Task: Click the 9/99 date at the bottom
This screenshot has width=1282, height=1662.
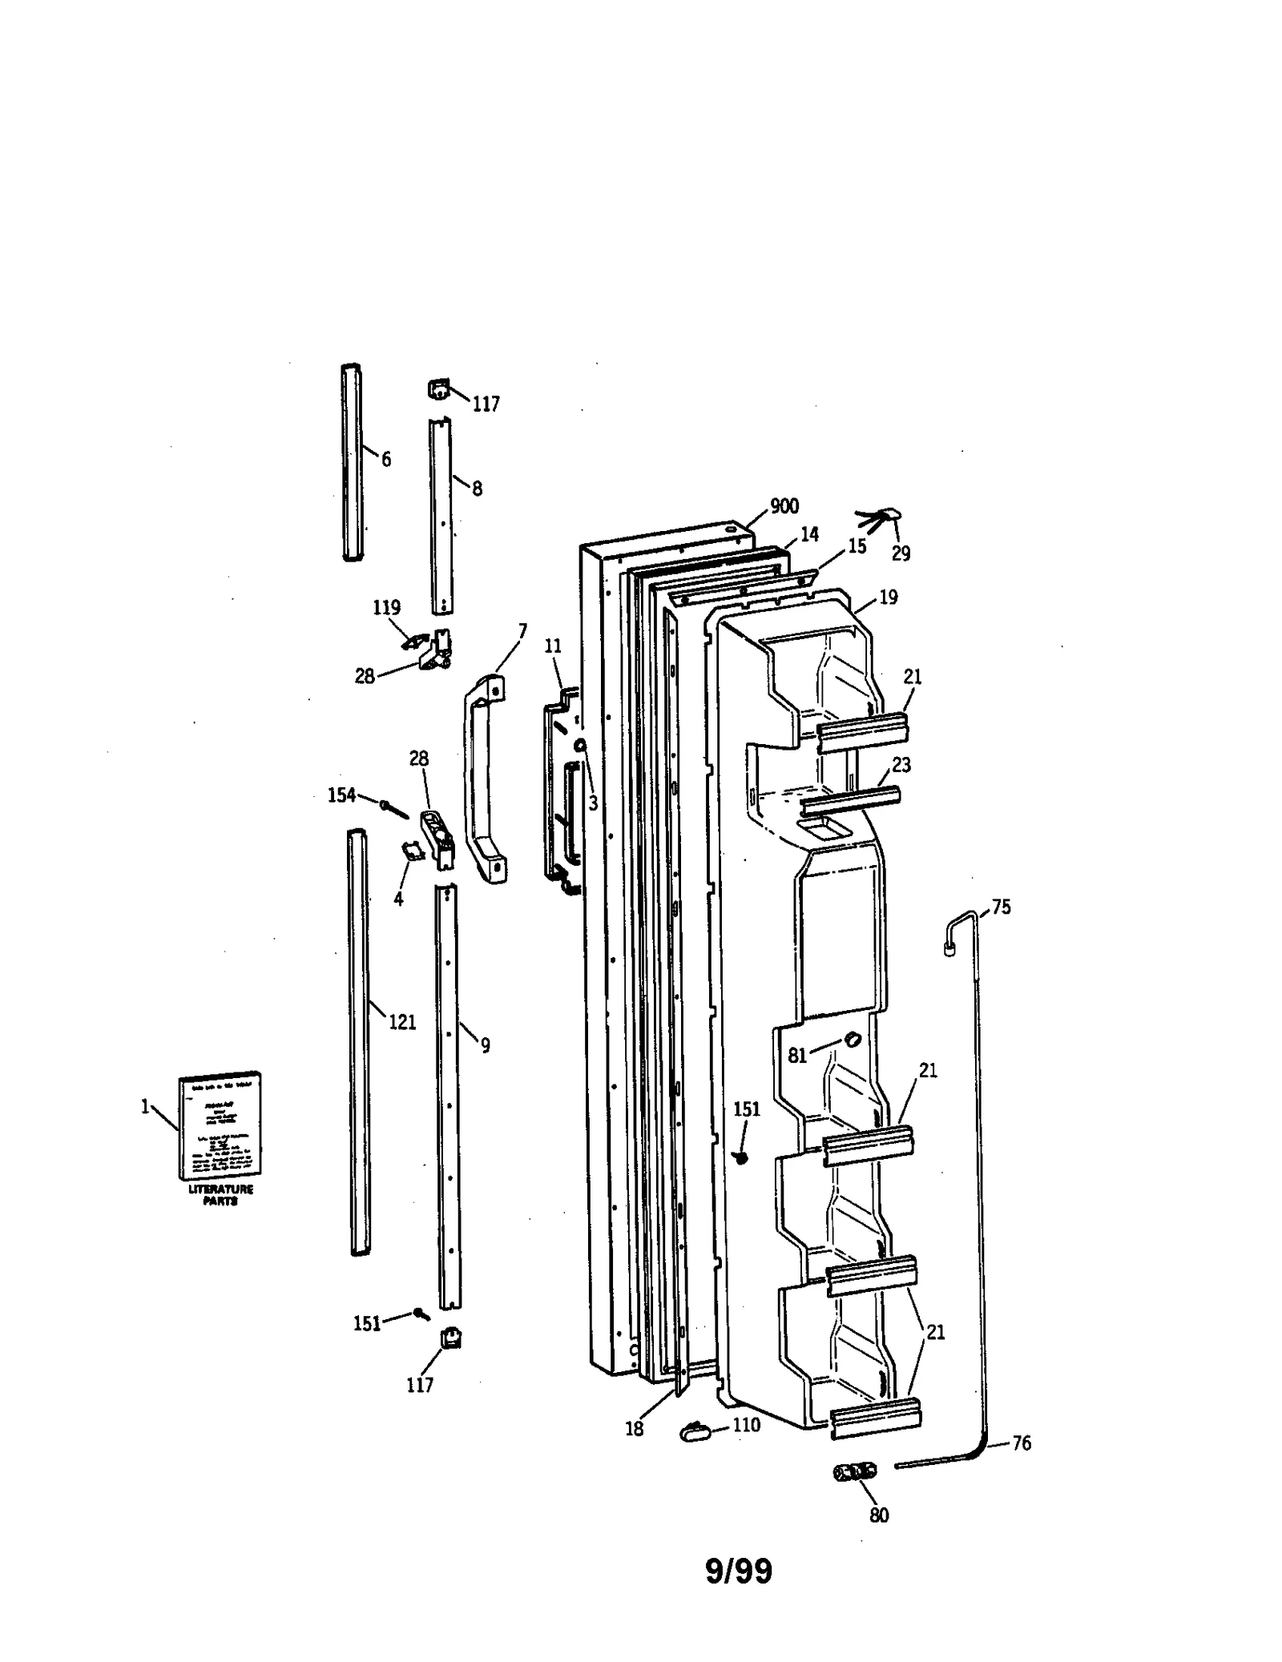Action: [x=738, y=1571]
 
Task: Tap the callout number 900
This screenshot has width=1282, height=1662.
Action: [x=784, y=506]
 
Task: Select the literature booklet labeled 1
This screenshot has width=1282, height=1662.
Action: [x=220, y=1125]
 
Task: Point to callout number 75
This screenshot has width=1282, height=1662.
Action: [x=1001, y=907]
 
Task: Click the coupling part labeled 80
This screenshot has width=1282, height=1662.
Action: [x=855, y=1472]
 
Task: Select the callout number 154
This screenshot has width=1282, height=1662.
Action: [x=341, y=795]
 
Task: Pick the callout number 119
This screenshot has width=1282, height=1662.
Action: [x=386, y=607]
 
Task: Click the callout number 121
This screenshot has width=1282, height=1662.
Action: [x=402, y=1022]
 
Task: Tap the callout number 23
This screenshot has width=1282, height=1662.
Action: [x=901, y=765]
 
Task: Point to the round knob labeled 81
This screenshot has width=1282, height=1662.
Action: [x=851, y=1040]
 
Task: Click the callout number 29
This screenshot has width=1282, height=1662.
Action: [x=901, y=553]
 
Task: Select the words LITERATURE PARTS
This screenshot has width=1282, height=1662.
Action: [x=220, y=1195]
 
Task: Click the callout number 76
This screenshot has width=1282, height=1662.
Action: [x=1022, y=1443]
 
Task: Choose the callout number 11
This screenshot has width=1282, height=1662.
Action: [x=553, y=646]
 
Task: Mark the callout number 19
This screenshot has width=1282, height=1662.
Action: [x=888, y=597]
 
